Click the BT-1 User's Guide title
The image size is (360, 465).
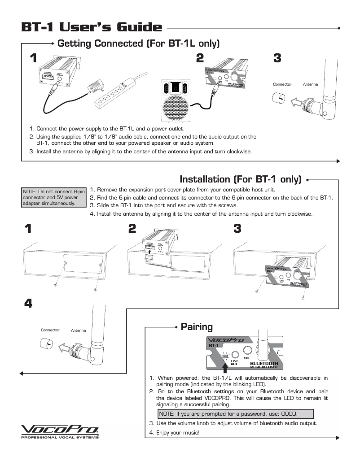92,27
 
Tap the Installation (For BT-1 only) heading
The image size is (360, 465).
240,179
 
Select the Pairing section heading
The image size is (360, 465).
197,326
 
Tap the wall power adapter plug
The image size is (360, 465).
97,85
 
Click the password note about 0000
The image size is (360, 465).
235,413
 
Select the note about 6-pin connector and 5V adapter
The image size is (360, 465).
53,198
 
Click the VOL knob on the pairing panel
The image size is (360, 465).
246,351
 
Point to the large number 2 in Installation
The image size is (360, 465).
132,229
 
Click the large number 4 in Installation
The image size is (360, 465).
28,304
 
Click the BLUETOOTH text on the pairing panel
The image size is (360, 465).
264,363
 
